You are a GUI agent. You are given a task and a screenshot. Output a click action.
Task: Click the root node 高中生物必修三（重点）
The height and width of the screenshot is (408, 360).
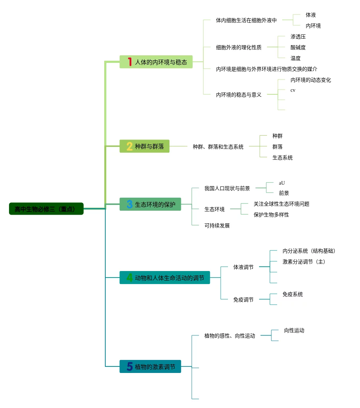coord(46,209)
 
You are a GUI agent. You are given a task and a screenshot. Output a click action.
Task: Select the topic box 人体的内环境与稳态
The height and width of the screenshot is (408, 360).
coord(156,62)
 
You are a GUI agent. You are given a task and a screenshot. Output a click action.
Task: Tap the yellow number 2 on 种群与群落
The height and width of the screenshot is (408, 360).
coord(130,146)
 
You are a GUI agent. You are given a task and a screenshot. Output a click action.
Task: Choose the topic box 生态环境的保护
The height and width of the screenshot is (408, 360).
coord(150,205)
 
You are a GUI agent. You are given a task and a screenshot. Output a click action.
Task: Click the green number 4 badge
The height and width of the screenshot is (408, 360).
coord(130,278)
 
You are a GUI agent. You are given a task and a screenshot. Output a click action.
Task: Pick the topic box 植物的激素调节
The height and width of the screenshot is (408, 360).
coord(150,367)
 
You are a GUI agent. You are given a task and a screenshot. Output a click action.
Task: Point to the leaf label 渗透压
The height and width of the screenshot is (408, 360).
coord(298,36)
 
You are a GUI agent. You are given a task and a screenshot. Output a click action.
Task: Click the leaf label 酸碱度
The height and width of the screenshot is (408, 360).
coord(298,47)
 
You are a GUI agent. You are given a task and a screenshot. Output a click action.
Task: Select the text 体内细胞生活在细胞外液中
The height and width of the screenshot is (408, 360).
coord(246,20)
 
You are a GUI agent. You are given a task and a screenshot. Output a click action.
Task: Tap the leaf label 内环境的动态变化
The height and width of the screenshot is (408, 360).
coord(310,80)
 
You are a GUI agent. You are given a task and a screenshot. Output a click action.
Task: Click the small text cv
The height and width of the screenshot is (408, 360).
coord(293,90)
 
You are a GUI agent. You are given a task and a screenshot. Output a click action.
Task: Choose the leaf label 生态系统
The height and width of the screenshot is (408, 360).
coord(283,158)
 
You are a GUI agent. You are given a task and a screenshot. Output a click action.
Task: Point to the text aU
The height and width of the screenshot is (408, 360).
coord(282,183)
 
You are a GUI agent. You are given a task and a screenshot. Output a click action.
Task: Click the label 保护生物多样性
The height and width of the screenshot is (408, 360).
coord(271,215)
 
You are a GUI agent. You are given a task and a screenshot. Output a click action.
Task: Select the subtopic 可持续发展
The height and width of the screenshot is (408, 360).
coord(217,226)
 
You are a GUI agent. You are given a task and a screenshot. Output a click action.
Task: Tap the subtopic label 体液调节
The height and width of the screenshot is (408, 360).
coord(243,267)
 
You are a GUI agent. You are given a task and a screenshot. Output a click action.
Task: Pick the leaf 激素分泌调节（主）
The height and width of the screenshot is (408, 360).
coord(304,262)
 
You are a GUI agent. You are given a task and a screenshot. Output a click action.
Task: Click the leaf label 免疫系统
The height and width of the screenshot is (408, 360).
coord(293,294)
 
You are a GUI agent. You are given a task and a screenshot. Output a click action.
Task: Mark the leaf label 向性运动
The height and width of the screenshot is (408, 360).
coord(294,330)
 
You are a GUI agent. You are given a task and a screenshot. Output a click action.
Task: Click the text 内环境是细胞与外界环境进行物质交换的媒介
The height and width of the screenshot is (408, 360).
coord(267,69)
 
